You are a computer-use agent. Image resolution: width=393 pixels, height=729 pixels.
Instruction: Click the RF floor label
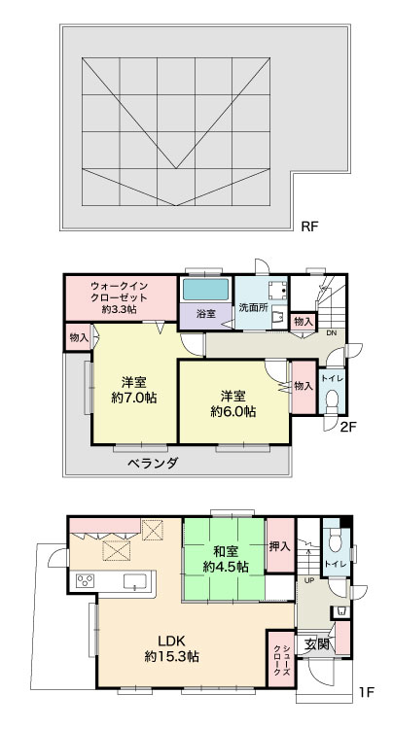point(309,226)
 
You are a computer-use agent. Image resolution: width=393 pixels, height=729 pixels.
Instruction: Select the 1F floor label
point(367,692)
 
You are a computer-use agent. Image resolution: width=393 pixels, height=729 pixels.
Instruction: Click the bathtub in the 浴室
point(205,290)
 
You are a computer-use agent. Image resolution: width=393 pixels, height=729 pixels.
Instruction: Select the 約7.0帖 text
point(134,398)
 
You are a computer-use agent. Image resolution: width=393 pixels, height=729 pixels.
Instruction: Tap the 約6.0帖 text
point(233,411)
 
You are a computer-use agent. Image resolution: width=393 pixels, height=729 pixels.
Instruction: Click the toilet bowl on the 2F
point(332,401)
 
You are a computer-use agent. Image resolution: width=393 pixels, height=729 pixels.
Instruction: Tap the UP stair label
point(308,580)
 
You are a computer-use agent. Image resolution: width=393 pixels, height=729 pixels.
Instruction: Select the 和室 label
point(226,552)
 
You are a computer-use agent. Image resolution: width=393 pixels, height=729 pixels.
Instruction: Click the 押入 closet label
point(280,546)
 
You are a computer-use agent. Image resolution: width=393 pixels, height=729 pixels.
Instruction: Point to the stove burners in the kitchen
point(86,580)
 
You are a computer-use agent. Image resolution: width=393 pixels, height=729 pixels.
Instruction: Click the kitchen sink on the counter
point(135,581)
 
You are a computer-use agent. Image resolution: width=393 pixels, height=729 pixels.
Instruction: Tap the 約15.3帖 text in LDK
point(172,656)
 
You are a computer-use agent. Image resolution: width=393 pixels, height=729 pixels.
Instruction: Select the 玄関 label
point(317,644)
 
